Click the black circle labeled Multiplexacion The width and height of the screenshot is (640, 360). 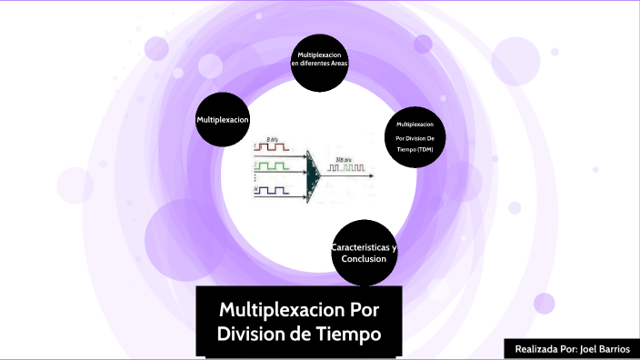223,119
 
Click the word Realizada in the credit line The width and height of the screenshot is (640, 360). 535,349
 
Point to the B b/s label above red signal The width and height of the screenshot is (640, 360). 272,138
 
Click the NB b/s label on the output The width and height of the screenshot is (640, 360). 344,160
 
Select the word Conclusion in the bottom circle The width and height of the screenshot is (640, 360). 364,259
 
